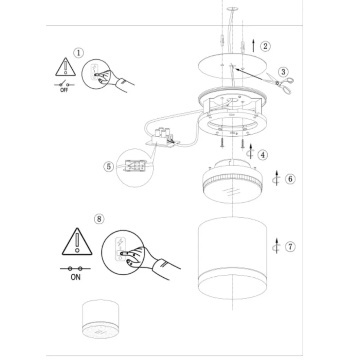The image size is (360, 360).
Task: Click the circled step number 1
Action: (x=78, y=53)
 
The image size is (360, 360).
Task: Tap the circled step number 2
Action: (x=265, y=46)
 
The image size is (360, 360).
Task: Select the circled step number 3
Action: (x=283, y=72)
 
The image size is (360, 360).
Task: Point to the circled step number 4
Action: (x=263, y=155)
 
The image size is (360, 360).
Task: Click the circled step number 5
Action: (x=109, y=166)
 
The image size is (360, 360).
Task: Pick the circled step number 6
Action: (x=290, y=179)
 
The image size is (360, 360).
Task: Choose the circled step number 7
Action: (x=290, y=247)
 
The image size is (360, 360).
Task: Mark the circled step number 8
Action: (x=99, y=219)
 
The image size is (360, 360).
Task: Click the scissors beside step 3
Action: (x=279, y=83)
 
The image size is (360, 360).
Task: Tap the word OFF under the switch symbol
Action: (x=64, y=90)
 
